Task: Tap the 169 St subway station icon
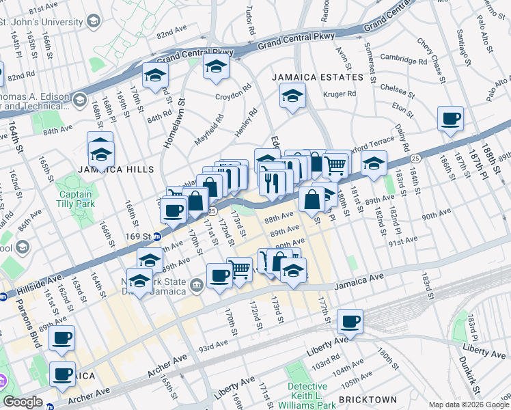157,237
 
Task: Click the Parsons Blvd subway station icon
4,297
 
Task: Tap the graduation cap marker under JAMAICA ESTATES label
292,97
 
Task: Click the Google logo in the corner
23,402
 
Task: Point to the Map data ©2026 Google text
468,405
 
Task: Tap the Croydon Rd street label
234,92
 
